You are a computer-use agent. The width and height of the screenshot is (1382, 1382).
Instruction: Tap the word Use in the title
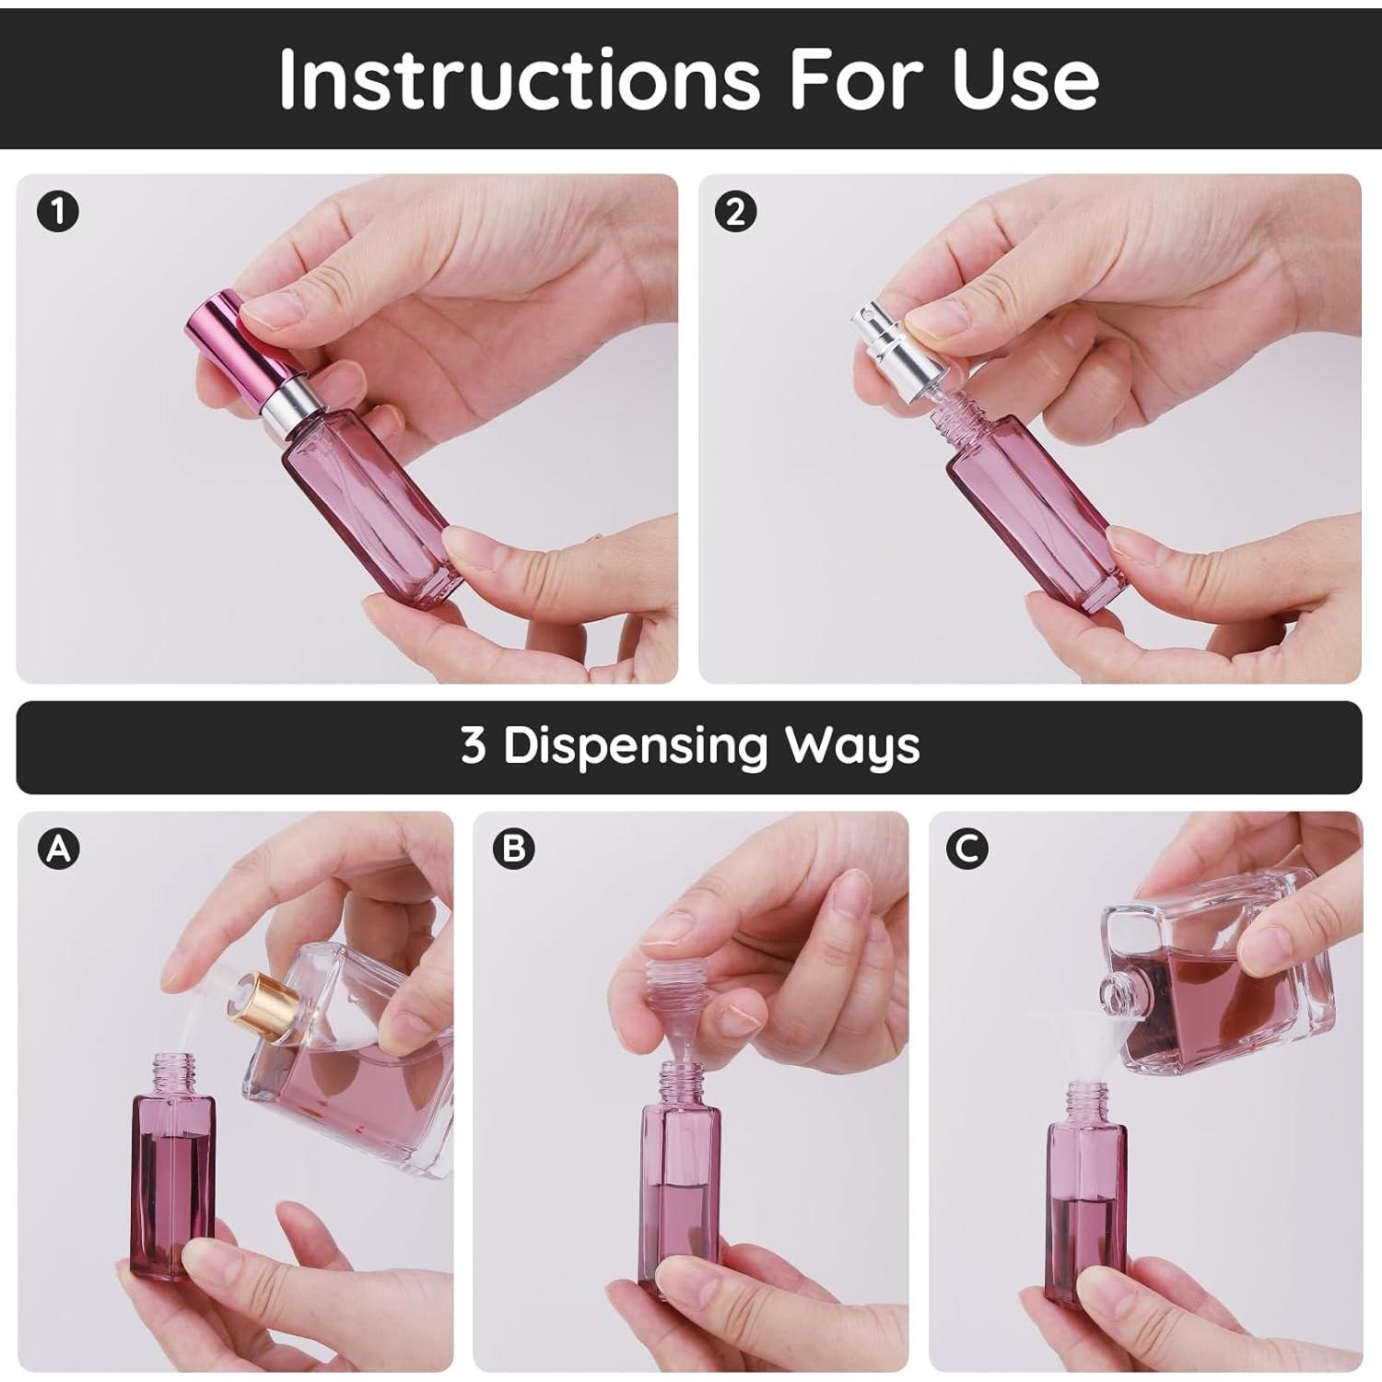click(1025, 77)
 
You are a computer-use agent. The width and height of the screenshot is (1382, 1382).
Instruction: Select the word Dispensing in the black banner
click(635, 745)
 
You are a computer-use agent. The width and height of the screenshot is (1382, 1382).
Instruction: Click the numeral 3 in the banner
click(474, 745)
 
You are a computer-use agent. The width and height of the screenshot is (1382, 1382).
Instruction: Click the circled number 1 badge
click(58, 213)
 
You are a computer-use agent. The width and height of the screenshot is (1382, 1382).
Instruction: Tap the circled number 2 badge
click(735, 213)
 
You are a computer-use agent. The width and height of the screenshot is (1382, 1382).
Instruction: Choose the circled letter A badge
click(59, 849)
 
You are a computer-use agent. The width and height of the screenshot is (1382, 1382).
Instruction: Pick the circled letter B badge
click(514, 849)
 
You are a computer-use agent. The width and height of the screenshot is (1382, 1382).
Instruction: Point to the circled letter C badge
click(967, 849)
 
